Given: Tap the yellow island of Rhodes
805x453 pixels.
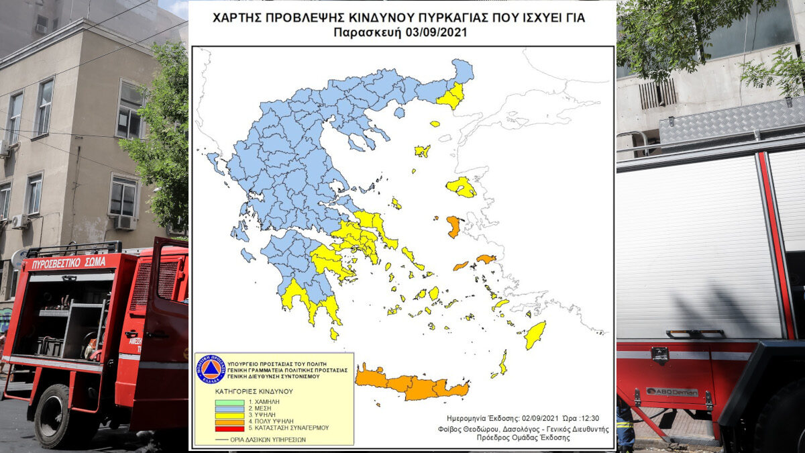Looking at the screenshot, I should [x=535, y=335].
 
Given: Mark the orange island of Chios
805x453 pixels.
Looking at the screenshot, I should [x=453, y=225].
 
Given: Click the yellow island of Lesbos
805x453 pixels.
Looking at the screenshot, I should [x=461, y=187].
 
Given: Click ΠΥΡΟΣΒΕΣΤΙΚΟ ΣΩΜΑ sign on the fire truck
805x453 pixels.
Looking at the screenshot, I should [x=67, y=262].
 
